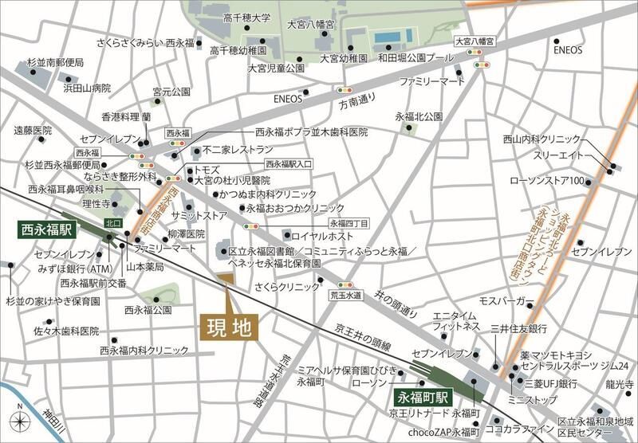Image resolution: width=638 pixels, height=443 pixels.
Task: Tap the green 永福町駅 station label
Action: coord(423,396)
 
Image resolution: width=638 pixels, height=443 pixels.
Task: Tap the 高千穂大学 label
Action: coord(248,17)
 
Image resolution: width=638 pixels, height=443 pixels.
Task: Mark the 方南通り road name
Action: coord(356,104)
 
